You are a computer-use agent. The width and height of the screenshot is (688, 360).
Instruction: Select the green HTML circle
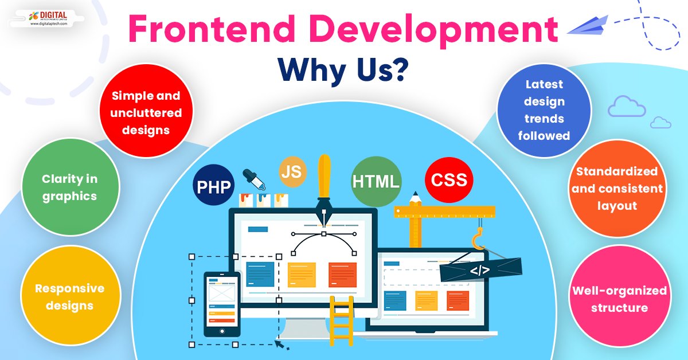click(x=376, y=182)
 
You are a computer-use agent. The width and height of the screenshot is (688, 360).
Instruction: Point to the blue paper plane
click(x=587, y=26)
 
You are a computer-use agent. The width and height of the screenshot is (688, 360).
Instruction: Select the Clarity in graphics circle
click(x=69, y=187)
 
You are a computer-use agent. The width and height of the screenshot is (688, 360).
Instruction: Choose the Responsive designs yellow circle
click(x=69, y=296)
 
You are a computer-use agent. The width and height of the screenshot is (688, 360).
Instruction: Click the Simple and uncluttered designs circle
click(x=146, y=113)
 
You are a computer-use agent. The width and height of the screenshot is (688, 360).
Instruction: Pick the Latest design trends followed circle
click(x=544, y=110)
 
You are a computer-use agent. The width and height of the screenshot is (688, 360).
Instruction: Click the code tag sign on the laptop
click(x=480, y=269)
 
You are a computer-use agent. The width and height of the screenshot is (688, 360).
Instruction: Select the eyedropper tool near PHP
click(x=253, y=179)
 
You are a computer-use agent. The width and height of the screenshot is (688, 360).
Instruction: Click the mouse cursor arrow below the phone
click(x=280, y=343)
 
